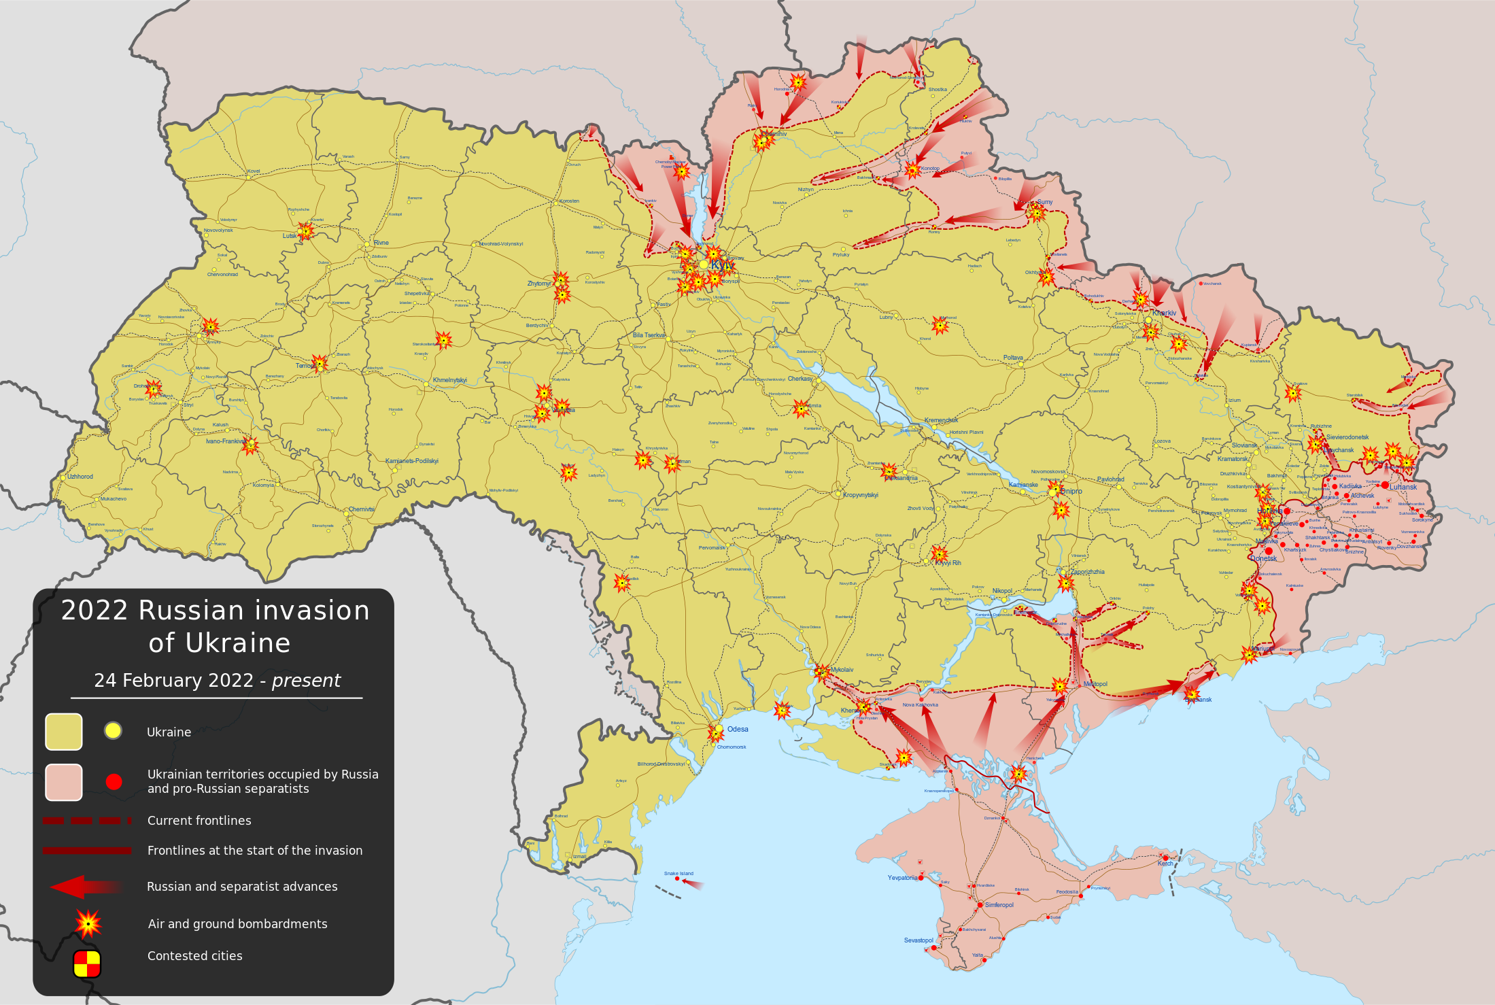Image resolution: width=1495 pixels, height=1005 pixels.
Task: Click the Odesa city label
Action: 738,729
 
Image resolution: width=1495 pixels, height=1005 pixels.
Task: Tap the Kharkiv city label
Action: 1164,313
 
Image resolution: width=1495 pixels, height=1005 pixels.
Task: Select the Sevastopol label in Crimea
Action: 918,940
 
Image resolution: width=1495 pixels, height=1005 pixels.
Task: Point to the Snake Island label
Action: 678,873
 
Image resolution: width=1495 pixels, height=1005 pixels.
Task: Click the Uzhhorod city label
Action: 80,477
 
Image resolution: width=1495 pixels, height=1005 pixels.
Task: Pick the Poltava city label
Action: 1013,358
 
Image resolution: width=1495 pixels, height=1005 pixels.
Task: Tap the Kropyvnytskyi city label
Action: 861,495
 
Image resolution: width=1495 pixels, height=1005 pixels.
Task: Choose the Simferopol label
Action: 999,905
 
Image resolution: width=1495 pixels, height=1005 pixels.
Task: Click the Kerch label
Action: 1165,864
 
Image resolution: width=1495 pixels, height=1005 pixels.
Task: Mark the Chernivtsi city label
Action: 361,509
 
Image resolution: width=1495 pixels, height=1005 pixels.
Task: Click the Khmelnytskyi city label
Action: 449,380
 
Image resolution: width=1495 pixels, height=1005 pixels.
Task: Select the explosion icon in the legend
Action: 88,923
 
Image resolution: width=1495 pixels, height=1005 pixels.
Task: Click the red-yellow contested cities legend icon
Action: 87,964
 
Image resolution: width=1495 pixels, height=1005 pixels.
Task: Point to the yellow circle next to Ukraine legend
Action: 113,731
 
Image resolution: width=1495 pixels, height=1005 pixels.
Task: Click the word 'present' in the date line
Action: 306,681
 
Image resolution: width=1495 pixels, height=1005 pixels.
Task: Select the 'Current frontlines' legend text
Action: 199,821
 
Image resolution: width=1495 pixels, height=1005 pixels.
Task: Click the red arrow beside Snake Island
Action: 693,883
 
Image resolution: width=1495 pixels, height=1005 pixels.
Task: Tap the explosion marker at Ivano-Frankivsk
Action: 250,445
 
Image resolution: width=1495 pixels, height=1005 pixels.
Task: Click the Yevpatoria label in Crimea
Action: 902,878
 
